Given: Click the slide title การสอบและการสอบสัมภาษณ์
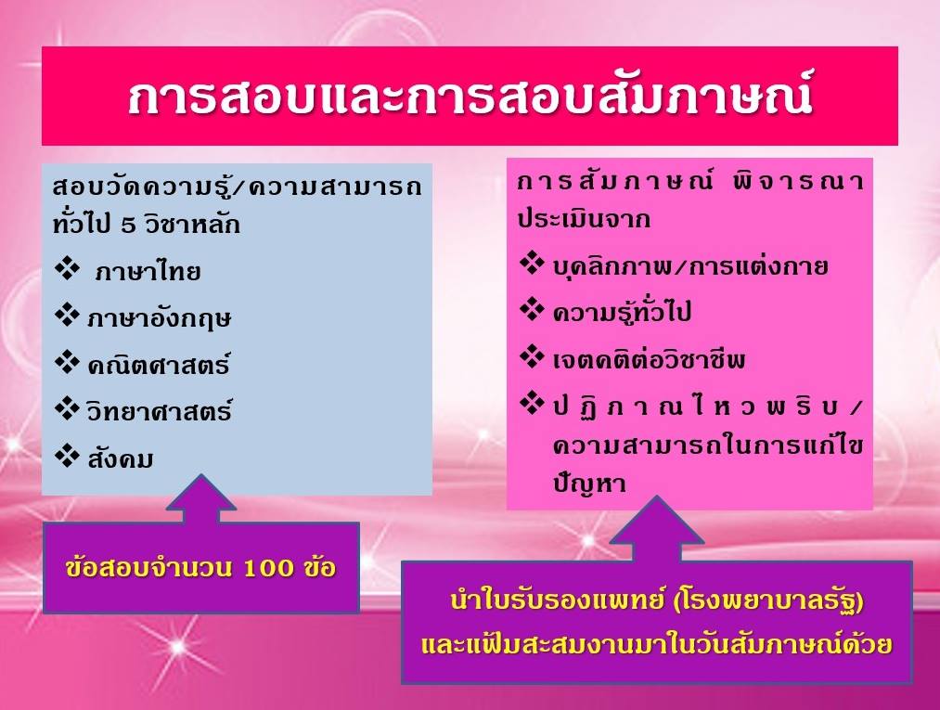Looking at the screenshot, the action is tap(470, 96).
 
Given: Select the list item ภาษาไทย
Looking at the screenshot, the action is tap(148, 272).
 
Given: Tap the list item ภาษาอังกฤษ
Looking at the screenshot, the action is tap(159, 317).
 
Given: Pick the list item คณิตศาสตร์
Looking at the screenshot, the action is tap(159, 364).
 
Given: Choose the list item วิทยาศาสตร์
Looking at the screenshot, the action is tap(159, 411).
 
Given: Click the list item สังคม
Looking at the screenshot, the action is tap(121, 458).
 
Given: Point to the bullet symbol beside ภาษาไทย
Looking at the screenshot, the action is tap(67, 269).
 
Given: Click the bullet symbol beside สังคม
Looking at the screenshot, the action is tap(67, 457).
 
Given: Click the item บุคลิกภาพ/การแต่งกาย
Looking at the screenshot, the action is tap(690, 266).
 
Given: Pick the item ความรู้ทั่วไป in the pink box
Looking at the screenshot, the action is tap(623, 313).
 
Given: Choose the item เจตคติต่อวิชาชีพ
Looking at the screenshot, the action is tap(650, 359).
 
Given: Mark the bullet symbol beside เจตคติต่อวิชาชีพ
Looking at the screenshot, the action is tap(532, 357).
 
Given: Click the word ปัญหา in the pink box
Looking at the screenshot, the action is tap(589, 483).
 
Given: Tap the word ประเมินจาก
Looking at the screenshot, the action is tap(585, 219).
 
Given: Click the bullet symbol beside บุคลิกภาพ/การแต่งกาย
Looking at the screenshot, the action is tap(532, 264).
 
